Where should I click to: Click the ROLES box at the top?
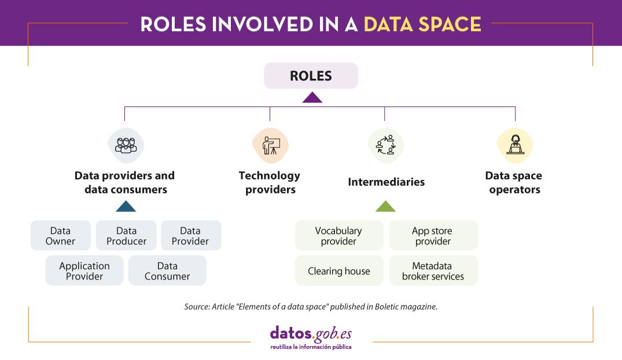click(311, 76)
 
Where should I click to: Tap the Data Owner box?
click(60, 236)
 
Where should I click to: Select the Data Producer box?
click(126, 236)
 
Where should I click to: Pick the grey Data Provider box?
click(190, 236)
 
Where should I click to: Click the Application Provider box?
click(84, 271)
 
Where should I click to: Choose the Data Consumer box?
click(167, 271)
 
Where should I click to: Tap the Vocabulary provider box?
click(338, 236)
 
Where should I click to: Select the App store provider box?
click(433, 236)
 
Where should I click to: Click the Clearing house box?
click(338, 271)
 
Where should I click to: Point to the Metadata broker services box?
click(433, 271)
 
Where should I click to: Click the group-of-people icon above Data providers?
click(126, 145)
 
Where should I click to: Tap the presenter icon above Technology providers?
click(270, 145)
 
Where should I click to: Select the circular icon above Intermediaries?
click(385, 145)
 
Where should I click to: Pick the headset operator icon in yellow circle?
click(514, 145)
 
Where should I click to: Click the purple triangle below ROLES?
click(312, 97)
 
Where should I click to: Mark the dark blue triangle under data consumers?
click(126, 207)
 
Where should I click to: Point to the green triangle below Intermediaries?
click(385, 207)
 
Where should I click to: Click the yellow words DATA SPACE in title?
click(422, 24)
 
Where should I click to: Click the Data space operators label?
click(514, 182)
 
